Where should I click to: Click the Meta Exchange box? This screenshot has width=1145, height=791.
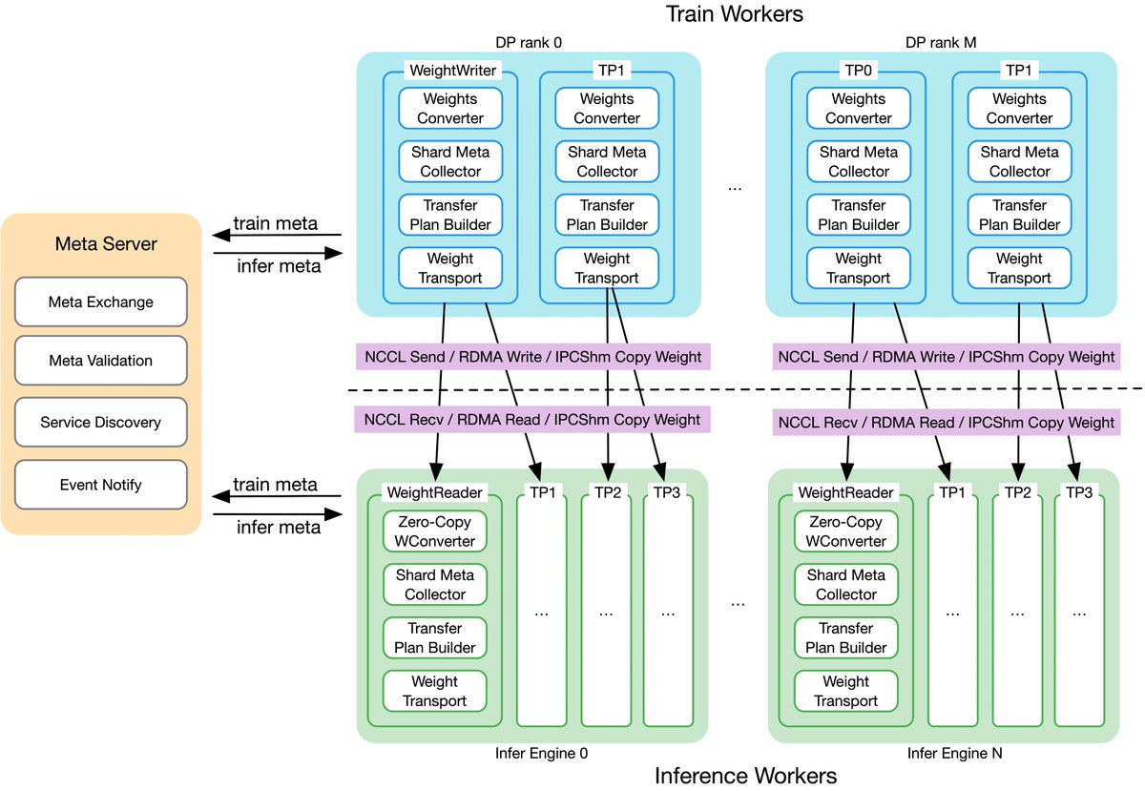coord(100,302)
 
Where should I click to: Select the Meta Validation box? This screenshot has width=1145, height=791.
coord(100,362)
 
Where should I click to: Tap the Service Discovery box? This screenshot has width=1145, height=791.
coord(100,422)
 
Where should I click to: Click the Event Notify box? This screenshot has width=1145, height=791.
coord(100,484)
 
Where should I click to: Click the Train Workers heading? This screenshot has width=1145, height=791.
coord(734,13)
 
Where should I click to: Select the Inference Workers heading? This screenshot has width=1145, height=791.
coord(745,776)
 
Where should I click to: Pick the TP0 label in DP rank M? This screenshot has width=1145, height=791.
coord(858,71)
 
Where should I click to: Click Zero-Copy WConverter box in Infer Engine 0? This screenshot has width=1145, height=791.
coord(435,531)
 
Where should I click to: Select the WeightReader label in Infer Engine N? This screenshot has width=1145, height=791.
coord(845,492)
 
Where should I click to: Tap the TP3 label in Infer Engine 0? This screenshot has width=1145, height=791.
coord(667,492)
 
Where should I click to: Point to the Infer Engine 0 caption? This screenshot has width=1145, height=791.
coord(541,753)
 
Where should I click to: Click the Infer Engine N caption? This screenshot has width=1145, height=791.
coord(941,753)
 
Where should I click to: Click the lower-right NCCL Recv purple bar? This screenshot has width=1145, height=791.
coord(946,422)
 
